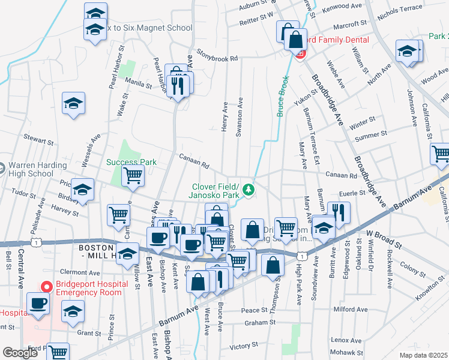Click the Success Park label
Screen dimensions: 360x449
[131, 162]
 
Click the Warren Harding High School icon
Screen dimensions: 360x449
[2, 166]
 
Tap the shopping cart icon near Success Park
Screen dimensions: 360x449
[133, 176]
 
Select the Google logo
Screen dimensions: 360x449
[20, 353]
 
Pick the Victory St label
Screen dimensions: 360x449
[243, 346]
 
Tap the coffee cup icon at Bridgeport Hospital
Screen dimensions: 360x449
[39, 304]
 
